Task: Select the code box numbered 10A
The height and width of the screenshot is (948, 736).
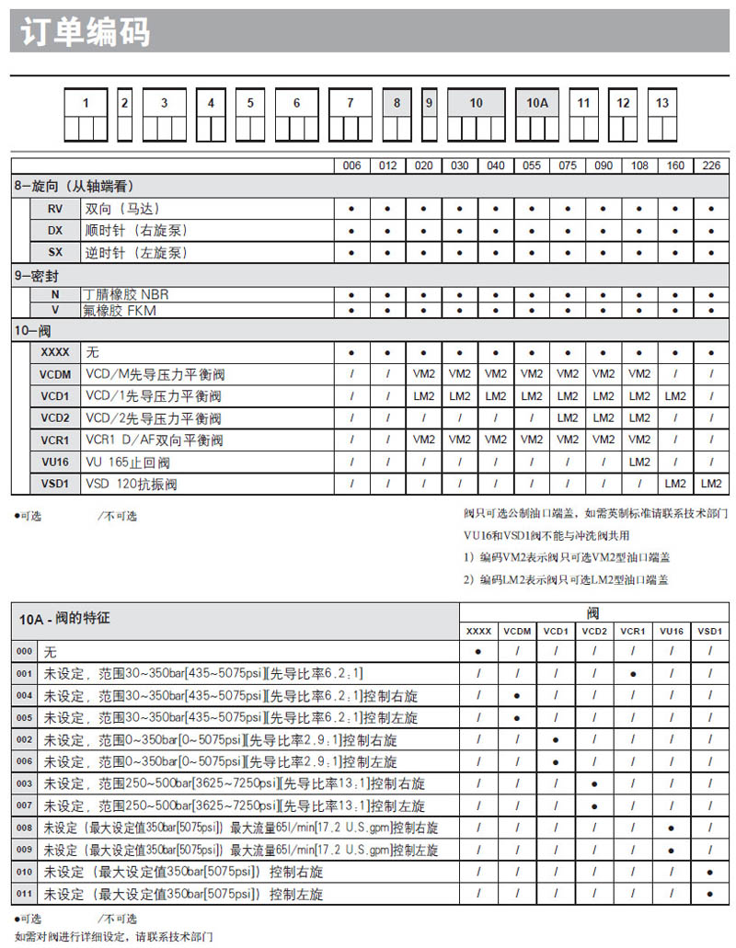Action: pos(537,103)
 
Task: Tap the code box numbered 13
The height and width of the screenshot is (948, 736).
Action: pos(662,103)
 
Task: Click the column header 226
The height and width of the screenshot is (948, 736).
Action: pos(711,166)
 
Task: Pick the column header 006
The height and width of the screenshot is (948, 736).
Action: pos(351,166)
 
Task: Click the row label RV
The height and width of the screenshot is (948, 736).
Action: pos(55,209)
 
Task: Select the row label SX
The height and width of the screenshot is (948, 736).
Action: pos(55,252)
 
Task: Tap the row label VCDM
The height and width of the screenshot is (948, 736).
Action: pos(55,374)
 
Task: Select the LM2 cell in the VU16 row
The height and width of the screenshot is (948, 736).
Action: pos(639,462)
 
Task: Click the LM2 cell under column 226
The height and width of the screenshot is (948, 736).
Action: pos(711,484)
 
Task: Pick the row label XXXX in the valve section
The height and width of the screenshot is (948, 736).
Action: pos(55,352)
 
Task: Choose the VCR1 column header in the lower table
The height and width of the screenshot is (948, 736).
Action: pos(632,632)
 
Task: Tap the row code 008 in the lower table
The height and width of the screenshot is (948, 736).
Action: pos(24,828)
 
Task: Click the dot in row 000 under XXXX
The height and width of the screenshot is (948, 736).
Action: pos(478,651)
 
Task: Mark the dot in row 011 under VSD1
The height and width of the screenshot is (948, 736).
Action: pos(709,893)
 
